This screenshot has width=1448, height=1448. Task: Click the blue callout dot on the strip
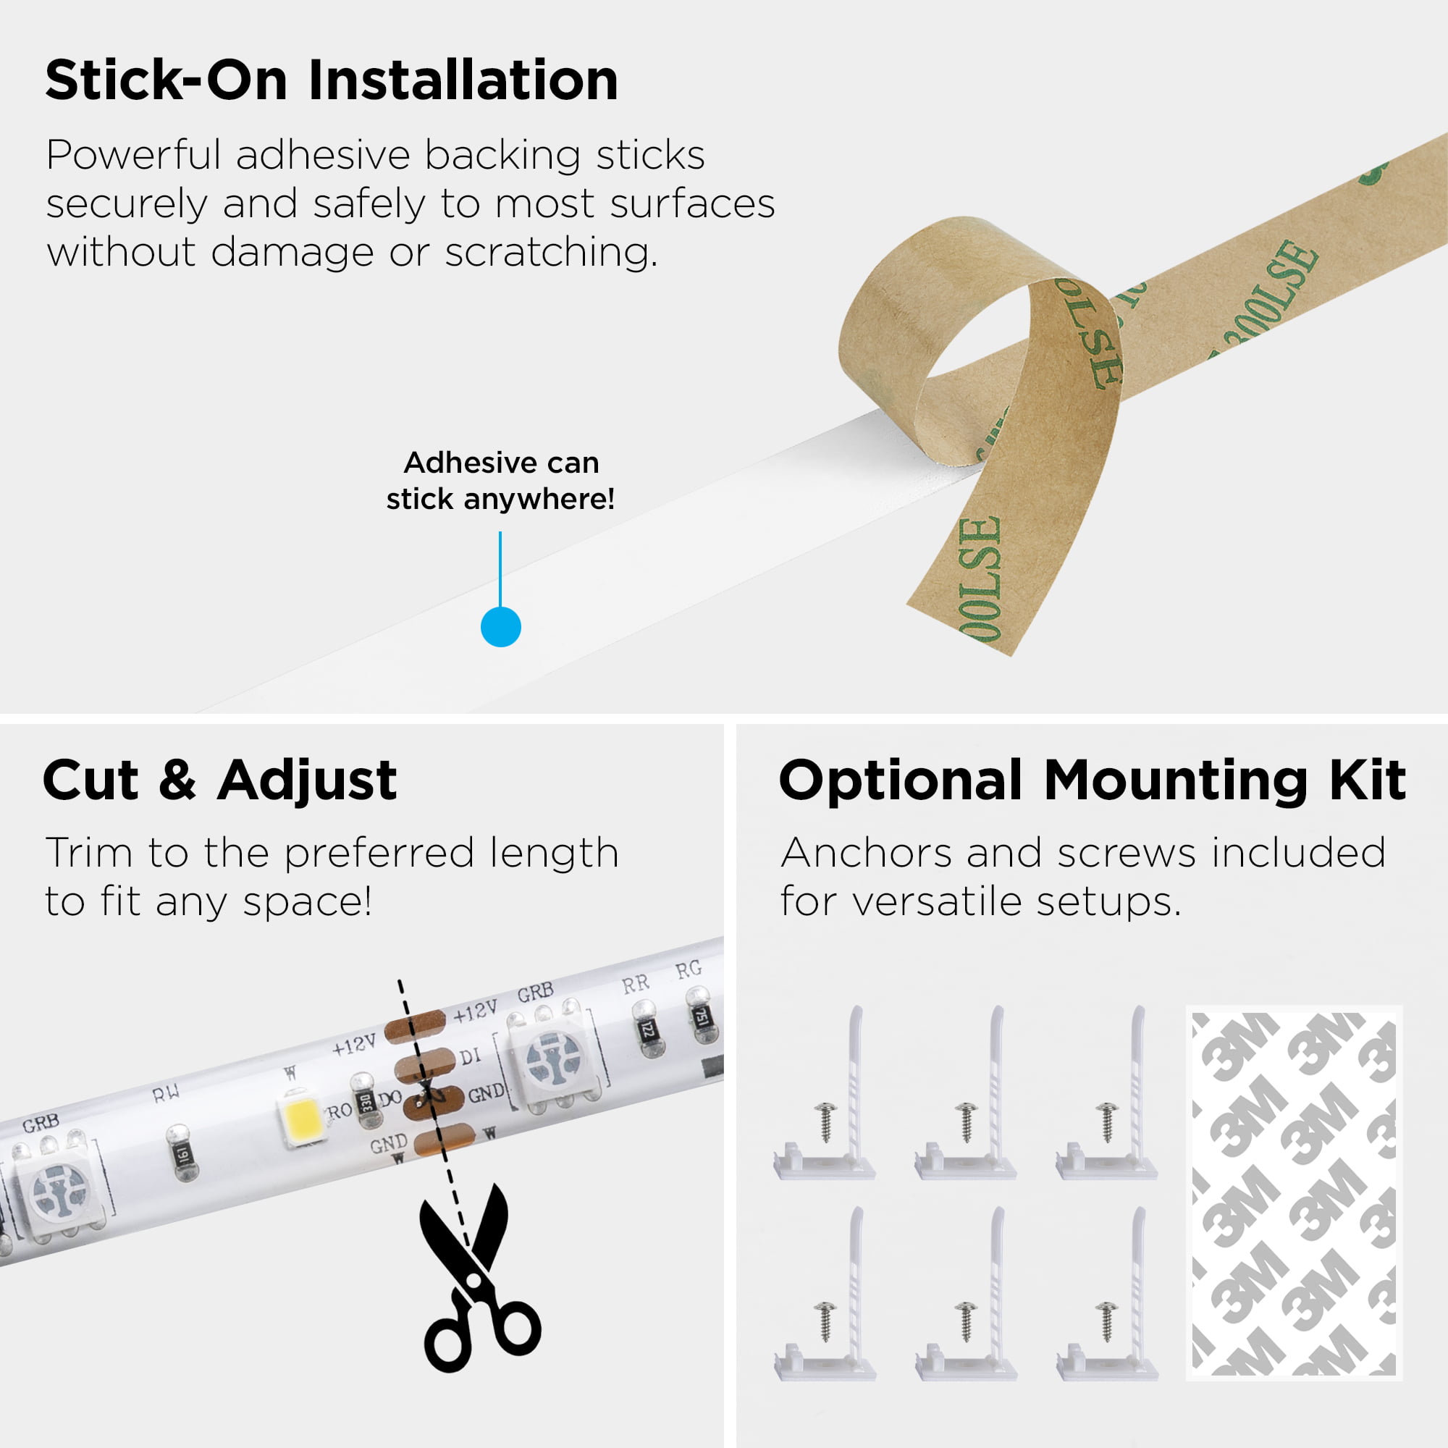pos(501,626)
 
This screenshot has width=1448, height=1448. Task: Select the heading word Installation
pos(463,80)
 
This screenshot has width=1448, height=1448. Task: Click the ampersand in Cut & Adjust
pos(177,780)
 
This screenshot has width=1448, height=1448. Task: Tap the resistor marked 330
pos(366,1103)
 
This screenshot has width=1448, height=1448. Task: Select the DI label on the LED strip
pos(470,1057)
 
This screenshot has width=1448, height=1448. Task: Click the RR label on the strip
pos(635,984)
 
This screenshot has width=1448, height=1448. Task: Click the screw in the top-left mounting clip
pos(826,1121)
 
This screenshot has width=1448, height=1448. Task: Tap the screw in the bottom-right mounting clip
pos(1107,1321)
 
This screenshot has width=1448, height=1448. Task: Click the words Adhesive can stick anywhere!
pos(501,481)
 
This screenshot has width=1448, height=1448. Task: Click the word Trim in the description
pos(88,853)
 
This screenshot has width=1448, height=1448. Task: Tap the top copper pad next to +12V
pos(415,1026)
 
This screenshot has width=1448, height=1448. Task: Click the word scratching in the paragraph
pos(550,253)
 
